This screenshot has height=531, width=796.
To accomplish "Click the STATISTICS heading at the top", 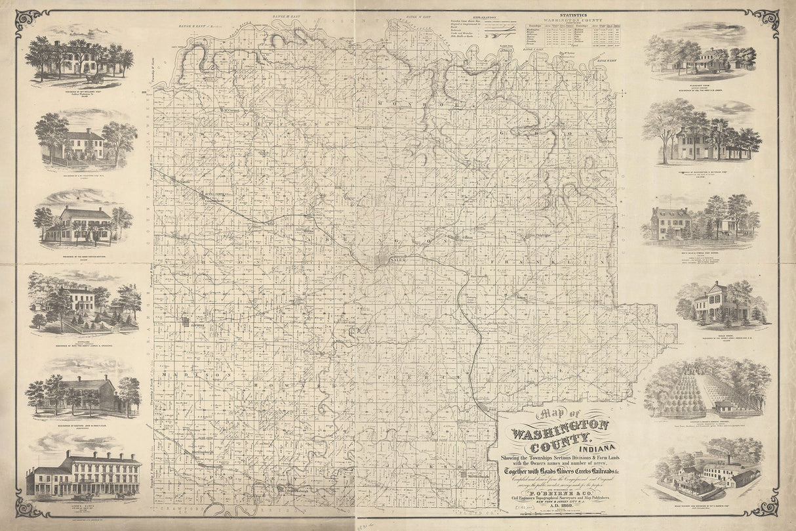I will click(573, 14).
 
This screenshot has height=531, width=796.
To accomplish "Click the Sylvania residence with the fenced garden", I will click(82, 302).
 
